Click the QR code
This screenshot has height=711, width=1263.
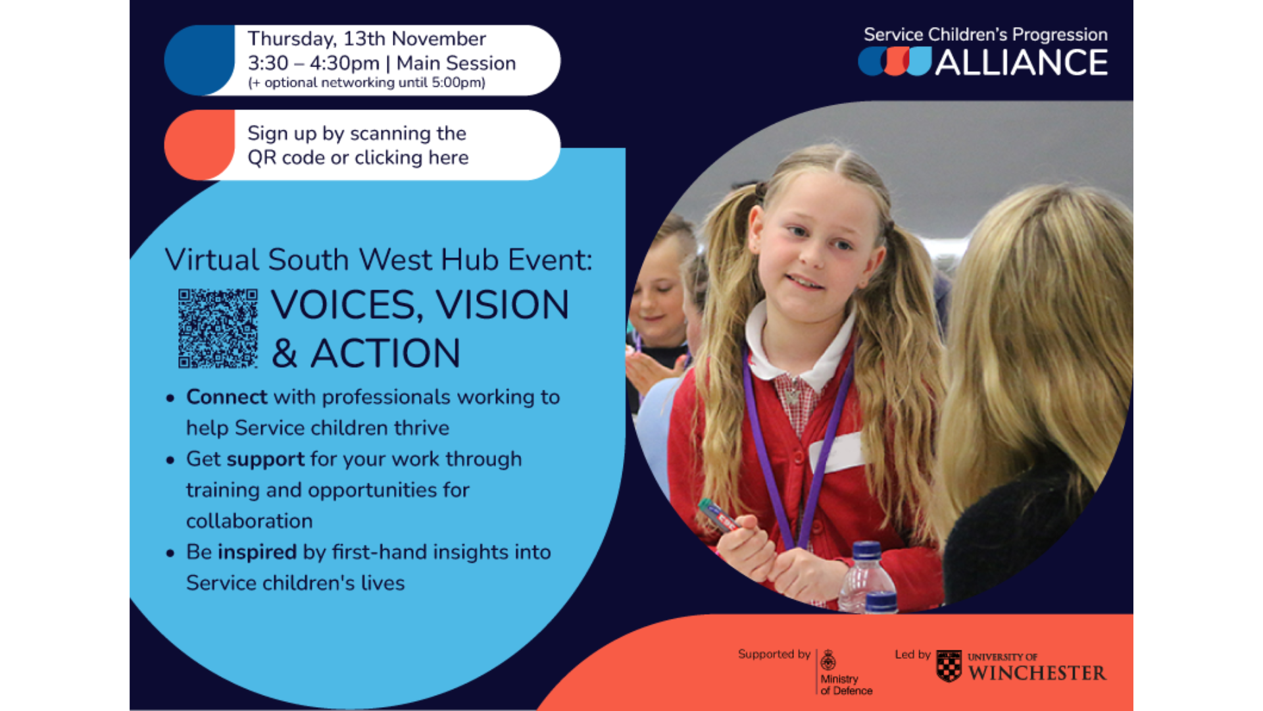(218, 328)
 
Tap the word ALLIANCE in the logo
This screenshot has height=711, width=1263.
(1022, 63)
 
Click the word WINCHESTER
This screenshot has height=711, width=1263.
(1037, 673)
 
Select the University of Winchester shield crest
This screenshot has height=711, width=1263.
(949, 666)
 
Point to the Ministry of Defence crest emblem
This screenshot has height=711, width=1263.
(828, 660)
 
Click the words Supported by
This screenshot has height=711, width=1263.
(774, 654)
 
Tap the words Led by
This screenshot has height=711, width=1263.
(912, 654)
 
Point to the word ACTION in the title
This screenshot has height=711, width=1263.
(385, 354)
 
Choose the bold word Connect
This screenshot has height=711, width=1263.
(227, 397)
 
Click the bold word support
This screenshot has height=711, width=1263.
(265, 460)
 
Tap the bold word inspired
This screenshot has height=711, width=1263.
(257, 552)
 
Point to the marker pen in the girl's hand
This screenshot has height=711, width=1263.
(718, 515)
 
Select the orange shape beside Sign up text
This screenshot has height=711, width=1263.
(199, 145)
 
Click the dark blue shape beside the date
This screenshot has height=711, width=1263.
(199, 60)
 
